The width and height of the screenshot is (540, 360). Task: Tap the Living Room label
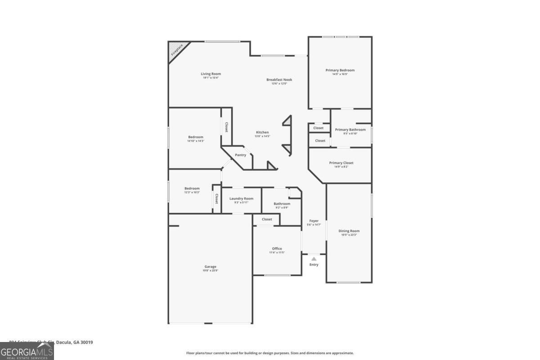coord(211,74)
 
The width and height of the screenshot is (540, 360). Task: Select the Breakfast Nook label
coord(279,80)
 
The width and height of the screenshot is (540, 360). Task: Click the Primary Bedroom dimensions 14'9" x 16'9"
coord(340,74)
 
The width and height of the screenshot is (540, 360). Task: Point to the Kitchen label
coord(262,132)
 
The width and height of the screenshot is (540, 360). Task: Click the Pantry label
coord(240,155)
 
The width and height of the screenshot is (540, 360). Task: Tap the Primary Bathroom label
coord(350,130)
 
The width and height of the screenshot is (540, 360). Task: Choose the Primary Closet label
coord(341,163)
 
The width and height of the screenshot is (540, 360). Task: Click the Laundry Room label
coord(241,198)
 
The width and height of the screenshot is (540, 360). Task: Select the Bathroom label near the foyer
coord(282,204)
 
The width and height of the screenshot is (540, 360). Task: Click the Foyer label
coord(314,221)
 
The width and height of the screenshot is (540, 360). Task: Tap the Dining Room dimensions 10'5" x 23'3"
coord(349,235)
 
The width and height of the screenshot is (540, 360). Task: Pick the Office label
coord(277,248)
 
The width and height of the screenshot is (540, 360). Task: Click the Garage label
coord(210,266)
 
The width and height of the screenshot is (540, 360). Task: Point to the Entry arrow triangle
coord(314,259)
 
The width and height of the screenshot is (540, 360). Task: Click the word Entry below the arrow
coord(314,265)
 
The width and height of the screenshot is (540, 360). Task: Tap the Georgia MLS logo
coord(27,351)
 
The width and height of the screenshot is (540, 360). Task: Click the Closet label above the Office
coord(267,219)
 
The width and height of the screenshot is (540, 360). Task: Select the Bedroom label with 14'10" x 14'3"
coord(195,137)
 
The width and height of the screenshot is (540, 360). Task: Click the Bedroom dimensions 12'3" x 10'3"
coord(192,193)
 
